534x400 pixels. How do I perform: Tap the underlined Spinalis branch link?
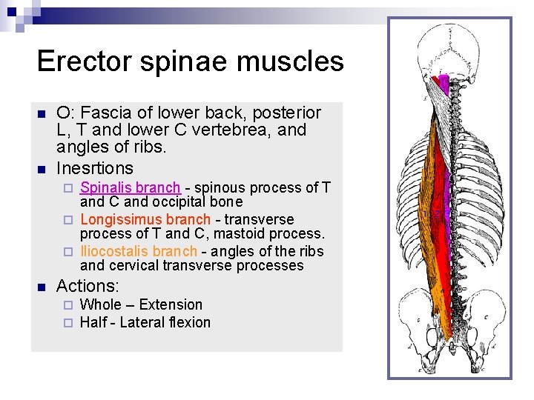130,187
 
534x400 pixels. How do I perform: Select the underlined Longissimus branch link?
145,219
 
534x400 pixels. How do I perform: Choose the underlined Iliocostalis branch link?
139,251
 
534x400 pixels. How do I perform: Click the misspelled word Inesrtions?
95,168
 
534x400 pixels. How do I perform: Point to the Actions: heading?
88,285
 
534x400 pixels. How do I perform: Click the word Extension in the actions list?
171,304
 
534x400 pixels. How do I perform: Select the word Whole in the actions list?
99,304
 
